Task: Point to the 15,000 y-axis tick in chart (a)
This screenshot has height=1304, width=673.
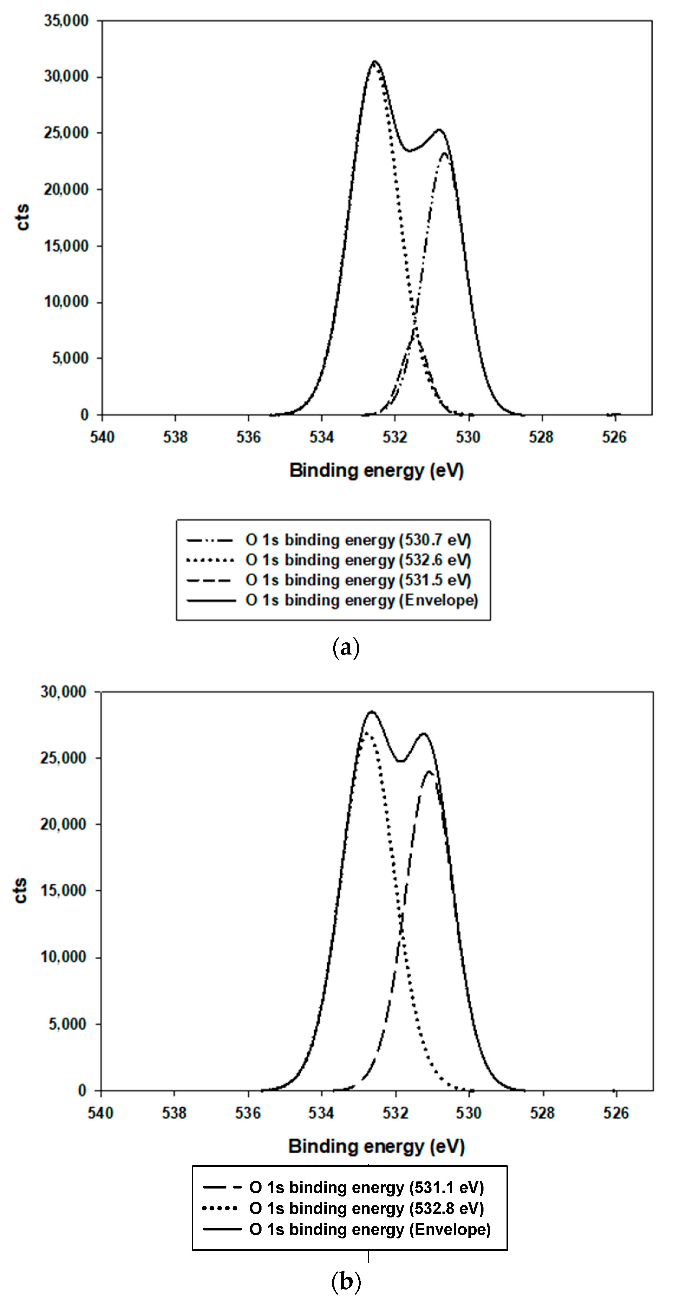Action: (x=66, y=246)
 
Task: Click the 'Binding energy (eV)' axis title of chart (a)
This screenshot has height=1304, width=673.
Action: (x=376, y=471)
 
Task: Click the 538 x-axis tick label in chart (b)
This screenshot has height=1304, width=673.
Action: (x=174, y=1113)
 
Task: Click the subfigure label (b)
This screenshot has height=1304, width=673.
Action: (x=346, y=1282)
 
